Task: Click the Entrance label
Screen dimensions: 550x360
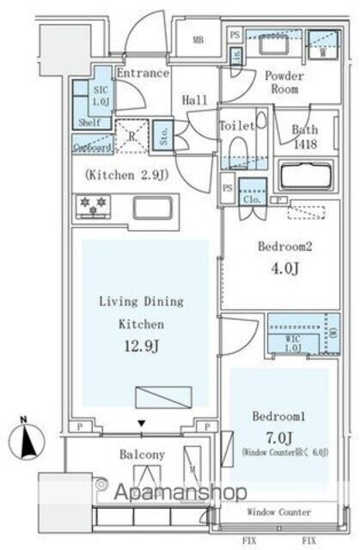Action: click(143, 74)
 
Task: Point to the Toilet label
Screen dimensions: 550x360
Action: click(236, 125)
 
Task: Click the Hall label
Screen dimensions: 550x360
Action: click(195, 101)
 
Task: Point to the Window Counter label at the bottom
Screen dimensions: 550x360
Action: click(279, 512)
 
